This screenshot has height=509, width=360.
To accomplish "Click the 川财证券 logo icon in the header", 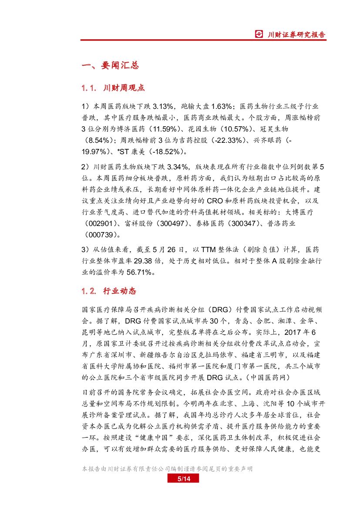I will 259,34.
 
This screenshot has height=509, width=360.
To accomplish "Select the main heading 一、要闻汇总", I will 110,65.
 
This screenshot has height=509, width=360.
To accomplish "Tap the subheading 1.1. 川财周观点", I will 113,88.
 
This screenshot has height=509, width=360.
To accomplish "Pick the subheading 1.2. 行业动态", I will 109,290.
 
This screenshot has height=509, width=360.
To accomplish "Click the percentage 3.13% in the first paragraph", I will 165,107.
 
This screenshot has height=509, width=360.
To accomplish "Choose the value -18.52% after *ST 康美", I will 167,152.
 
